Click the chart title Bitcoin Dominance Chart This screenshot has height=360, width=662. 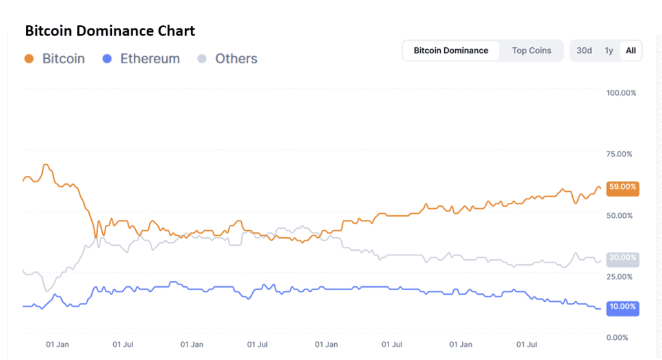[110, 30]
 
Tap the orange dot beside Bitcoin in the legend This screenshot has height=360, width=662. [28, 59]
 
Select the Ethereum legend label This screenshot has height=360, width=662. [150, 59]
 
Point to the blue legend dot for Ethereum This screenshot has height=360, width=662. [107, 59]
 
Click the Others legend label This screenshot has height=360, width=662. [236, 59]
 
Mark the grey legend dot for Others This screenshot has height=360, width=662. [202, 59]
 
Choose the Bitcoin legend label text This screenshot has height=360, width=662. [63, 59]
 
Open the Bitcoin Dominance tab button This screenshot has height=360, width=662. [451, 50]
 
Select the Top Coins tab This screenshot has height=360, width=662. [531, 50]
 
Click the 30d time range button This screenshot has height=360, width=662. [584, 50]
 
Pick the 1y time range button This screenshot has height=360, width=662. [609, 50]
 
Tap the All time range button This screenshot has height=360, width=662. [631, 50]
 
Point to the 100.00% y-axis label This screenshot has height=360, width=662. [621, 92]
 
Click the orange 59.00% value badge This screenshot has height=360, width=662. [623, 187]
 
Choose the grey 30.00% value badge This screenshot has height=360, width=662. [623, 258]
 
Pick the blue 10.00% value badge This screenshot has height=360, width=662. [623, 307]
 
